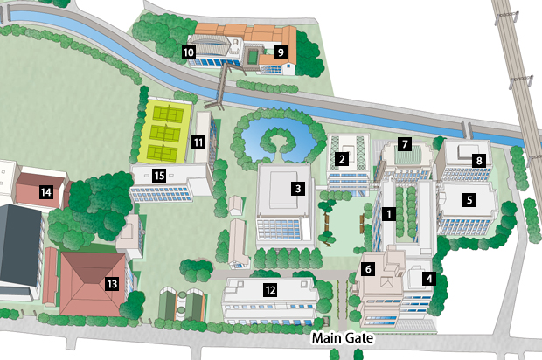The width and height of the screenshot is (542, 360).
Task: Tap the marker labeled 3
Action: tap(298, 188)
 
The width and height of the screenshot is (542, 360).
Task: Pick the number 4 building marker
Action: tap(428, 279)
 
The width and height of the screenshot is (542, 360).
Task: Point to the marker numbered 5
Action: tap(469, 199)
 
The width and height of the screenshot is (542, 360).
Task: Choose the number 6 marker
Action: tap(369, 269)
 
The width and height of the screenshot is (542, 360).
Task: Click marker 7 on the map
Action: tap(404, 142)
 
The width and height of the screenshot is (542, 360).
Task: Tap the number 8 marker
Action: tap(478, 160)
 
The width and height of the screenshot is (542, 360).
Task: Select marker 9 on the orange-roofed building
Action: tap(281, 52)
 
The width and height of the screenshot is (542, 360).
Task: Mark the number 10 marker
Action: tap(189, 52)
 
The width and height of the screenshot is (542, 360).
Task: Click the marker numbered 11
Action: tap(199, 142)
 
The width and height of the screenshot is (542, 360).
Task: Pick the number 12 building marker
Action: tap(271, 290)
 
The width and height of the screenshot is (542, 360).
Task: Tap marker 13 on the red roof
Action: tap(111, 283)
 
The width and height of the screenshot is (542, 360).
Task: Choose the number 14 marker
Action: tap(45, 191)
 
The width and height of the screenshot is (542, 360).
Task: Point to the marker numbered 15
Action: tap(158, 176)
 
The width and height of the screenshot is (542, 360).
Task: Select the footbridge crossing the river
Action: tap(221, 83)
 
